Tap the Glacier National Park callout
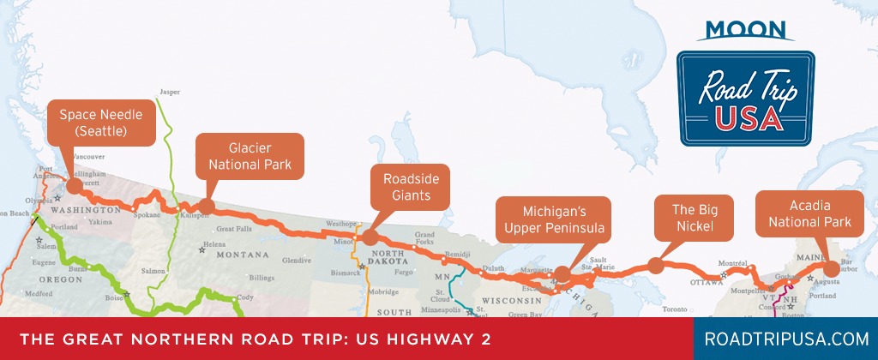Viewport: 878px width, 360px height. (250, 155)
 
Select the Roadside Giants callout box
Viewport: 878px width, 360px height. (410, 186)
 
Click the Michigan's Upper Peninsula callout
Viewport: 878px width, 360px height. (554, 219)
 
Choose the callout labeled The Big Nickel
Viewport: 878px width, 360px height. (695, 219)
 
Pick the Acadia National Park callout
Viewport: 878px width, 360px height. (809, 213)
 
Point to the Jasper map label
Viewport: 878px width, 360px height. (171, 92)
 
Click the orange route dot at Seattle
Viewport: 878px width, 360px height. (74, 184)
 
